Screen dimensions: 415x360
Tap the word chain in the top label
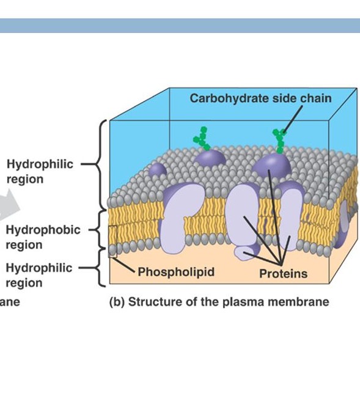317,98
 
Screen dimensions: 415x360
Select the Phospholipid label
176,271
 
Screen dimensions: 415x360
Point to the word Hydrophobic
43,230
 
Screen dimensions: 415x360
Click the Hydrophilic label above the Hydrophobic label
40,164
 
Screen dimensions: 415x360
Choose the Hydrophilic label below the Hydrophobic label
40,268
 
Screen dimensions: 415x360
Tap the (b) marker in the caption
117,302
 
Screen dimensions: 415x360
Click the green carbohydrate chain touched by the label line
280,141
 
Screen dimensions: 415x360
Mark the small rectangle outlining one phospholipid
112,241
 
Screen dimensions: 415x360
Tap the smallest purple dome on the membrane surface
158,169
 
